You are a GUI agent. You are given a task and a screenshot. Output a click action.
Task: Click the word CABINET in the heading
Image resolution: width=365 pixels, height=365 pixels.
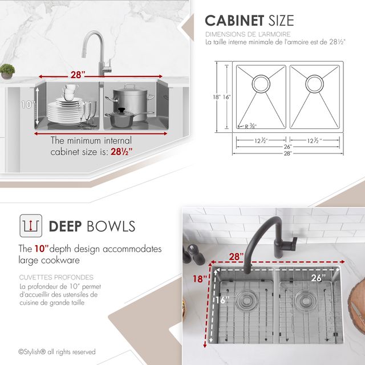coord(234,21)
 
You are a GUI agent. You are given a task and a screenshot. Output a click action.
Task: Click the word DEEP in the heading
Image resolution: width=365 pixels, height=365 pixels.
coord(65,226)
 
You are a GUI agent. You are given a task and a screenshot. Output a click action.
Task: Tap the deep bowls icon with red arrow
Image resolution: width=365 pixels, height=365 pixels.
coord(31,226)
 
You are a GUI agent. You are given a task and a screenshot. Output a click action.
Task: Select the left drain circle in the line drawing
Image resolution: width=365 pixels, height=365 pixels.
coord(261,83)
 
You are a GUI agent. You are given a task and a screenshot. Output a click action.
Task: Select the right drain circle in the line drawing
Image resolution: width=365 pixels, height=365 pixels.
coord(314,83)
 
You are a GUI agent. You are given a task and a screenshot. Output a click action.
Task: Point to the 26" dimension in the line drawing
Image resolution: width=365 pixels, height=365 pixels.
coord(288,147)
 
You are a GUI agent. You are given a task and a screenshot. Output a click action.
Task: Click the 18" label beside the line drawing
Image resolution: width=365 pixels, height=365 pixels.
coord(216,97)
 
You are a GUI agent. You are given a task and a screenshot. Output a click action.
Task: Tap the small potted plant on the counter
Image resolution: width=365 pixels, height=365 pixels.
coord(7,71)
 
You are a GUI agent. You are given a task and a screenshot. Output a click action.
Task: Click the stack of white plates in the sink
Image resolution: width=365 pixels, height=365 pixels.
coord(65,111)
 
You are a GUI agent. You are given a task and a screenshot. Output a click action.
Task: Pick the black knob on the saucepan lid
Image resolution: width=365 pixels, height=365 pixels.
coord(121,110)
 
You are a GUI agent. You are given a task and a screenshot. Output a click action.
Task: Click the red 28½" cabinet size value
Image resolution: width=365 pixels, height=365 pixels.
coord(121,152)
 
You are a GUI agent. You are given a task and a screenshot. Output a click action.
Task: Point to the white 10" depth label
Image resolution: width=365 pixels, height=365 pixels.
coord(28,104)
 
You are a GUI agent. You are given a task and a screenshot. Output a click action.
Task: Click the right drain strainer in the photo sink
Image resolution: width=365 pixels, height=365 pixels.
coord(306,301)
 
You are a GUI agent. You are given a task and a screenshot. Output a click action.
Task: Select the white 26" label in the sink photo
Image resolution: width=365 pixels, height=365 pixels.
coord(318,278)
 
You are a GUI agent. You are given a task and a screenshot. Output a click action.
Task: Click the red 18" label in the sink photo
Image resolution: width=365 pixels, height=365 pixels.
coord(200,278)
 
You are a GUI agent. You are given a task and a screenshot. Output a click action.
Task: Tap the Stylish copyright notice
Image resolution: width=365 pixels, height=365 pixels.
coord(57,351)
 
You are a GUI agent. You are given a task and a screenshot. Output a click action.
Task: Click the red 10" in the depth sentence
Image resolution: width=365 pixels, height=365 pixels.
coord(42,249)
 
